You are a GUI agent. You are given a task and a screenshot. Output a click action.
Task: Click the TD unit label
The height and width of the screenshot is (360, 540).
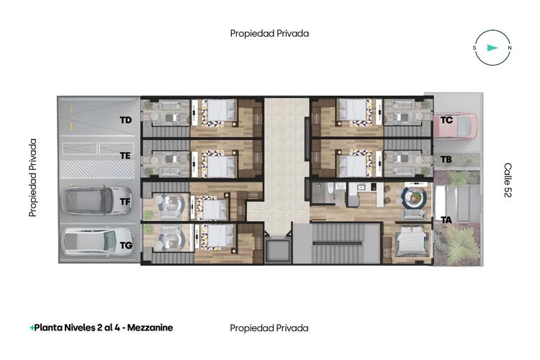(125, 120)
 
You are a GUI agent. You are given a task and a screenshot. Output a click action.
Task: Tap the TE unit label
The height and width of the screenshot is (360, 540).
(125, 155)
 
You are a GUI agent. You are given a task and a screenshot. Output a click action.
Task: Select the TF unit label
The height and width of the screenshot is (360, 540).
(125, 202)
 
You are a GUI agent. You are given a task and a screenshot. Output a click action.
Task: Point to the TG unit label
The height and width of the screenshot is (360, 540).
(126, 246)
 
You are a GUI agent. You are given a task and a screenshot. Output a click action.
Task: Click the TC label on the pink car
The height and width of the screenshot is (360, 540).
(446, 120)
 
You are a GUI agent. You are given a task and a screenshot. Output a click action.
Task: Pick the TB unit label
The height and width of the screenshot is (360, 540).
(446, 159)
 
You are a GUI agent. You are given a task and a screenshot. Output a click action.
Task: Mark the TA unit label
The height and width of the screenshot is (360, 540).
(446, 220)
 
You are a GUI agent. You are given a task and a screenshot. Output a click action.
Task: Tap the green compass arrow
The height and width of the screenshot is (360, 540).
(492, 48)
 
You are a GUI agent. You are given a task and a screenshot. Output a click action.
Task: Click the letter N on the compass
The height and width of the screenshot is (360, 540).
(509, 48)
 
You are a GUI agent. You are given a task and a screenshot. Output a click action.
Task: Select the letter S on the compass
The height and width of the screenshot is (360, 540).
(474, 48)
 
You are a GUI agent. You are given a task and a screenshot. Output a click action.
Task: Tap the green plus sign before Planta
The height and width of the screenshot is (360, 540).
(32, 328)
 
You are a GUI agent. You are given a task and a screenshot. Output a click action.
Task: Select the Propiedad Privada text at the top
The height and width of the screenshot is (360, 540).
(269, 33)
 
